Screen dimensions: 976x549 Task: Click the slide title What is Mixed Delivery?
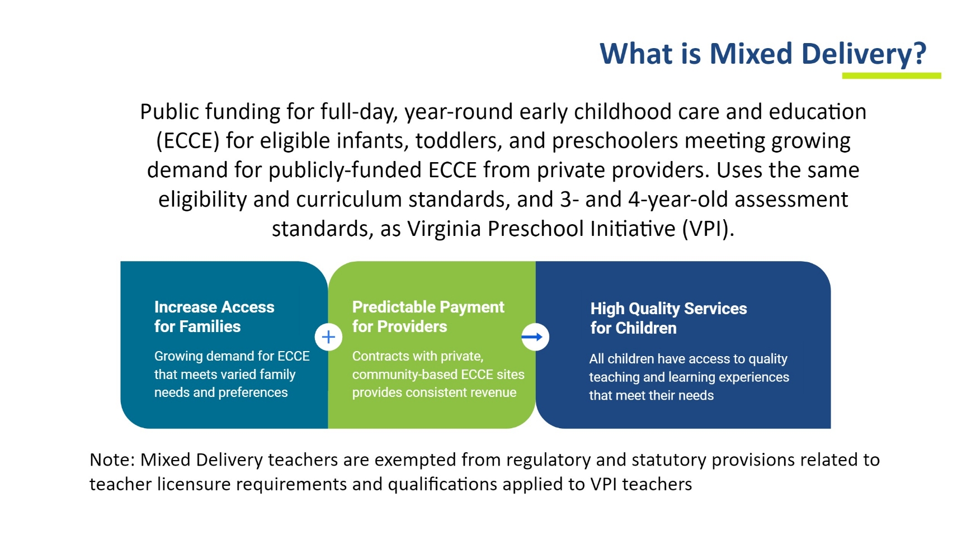coord(763,55)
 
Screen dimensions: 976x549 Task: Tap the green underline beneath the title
coord(892,75)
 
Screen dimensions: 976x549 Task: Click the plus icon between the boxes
coord(328,337)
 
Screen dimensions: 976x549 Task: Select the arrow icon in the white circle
coord(535,337)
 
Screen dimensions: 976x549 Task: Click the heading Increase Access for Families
coord(214,316)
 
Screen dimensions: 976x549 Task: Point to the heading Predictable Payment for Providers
coord(428,316)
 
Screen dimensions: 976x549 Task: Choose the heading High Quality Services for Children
coord(668,318)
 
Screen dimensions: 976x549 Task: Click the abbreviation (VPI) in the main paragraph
coord(708,229)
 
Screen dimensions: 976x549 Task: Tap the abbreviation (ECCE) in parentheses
coord(187,141)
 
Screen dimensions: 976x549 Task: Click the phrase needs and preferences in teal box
coord(221,392)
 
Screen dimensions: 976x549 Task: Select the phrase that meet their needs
coord(651,395)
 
